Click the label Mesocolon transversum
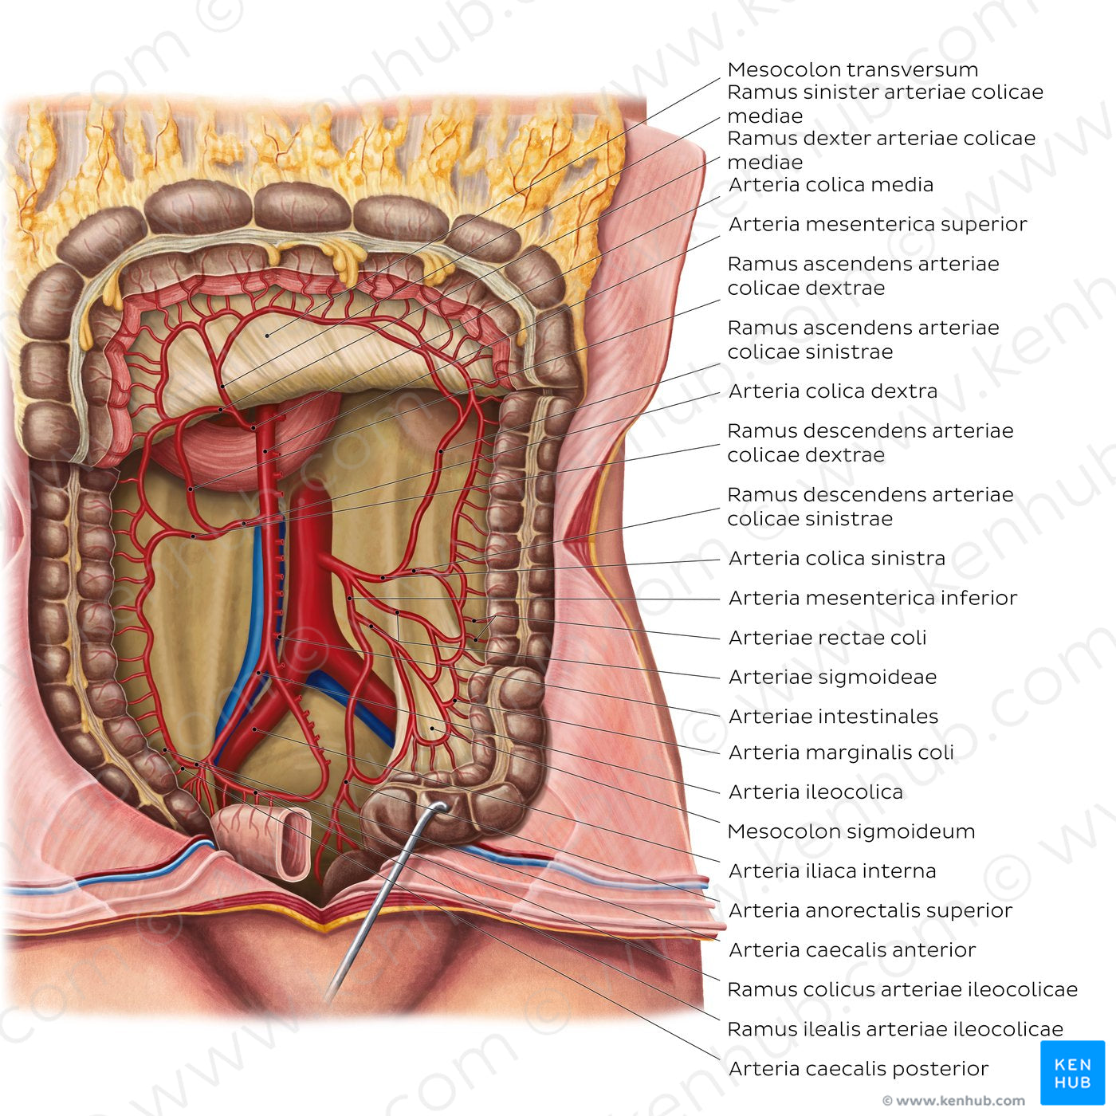(x=852, y=69)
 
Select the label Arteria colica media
(x=831, y=185)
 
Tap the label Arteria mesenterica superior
(x=878, y=224)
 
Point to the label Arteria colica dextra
(x=833, y=391)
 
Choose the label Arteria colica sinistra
(x=837, y=558)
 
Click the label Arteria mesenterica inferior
(x=873, y=598)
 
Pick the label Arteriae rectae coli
(x=827, y=637)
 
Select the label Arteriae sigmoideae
(x=832, y=677)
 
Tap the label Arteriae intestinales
(x=833, y=717)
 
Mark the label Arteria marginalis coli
(x=841, y=753)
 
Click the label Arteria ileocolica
(x=815, y=792)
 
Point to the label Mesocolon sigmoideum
(x=851, y=831)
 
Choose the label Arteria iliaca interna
(x=832, y=871)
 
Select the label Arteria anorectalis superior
(x=870, y=910)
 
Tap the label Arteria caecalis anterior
(x=852, y=949)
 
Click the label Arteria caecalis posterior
(x=859, y=1068)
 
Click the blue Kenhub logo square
(x=1072, y=1073)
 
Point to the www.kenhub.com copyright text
(x=953, y=1100)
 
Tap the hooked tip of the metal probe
(x=442, y=805)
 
